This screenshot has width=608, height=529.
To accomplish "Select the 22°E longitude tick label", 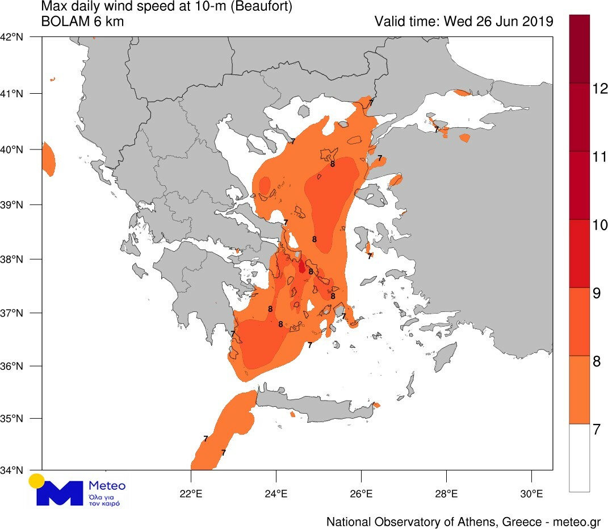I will [191, 493].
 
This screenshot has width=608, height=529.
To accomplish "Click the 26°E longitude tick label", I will [361, 493].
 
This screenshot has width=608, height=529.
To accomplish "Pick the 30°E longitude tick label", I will [531, 493].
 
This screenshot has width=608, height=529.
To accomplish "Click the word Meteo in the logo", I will [107, 486].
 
